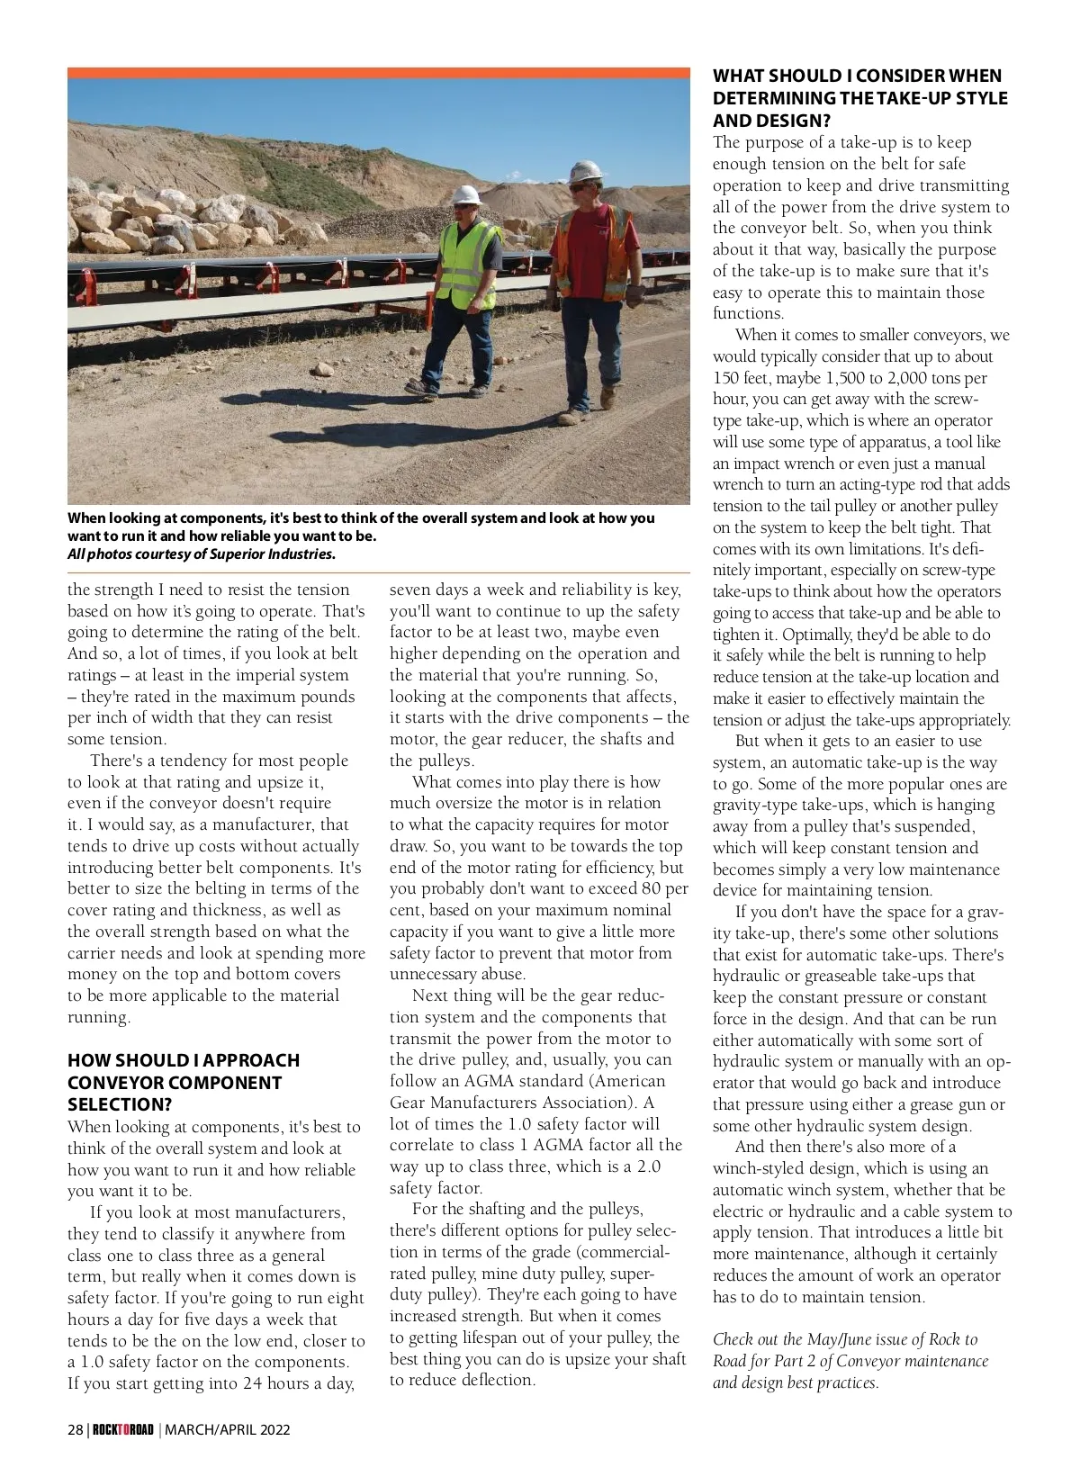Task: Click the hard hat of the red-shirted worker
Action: (x=586, y=170)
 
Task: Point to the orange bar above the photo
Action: (x=379, y=73)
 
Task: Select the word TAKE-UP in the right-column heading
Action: (x=912, y=98)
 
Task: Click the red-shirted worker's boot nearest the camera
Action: (x=573, y=416)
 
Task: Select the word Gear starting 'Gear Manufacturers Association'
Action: (x=409, y=1103)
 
